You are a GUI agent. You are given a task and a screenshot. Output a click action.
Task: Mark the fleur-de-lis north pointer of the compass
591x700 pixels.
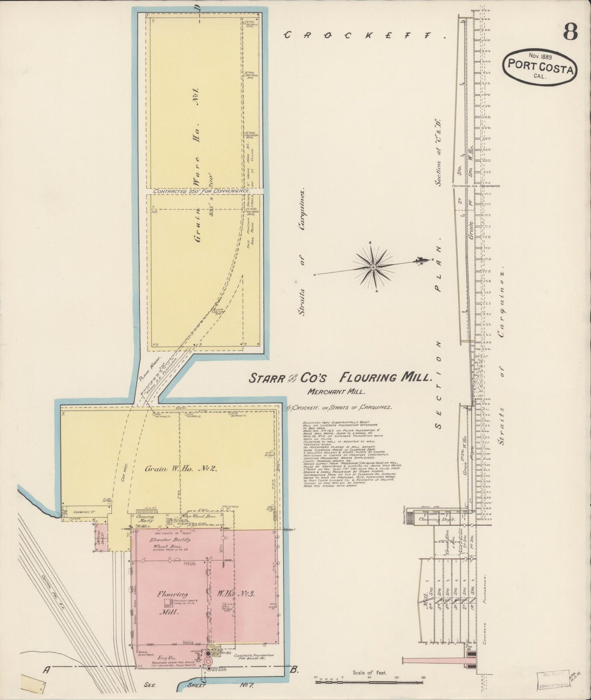(420, 260)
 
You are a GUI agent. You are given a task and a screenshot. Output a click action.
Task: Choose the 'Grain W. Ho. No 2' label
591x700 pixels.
(181, 469)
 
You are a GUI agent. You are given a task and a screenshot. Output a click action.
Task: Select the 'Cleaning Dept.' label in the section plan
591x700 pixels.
(433, 519)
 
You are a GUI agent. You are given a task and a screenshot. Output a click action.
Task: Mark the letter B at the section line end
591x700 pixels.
(294, 669)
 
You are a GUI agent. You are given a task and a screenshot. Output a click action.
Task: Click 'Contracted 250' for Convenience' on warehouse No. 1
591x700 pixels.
(201, 191)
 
